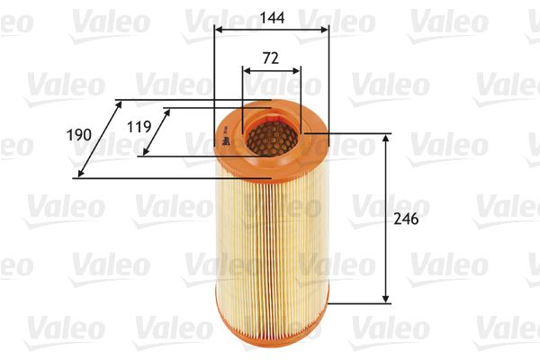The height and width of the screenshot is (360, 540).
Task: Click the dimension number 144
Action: (x=271, y=15)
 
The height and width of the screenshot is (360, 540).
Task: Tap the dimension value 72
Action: (x=271, y=58)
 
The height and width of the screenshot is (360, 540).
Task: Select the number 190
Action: (x=80, y=134)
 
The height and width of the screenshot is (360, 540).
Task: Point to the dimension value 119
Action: (x=139, y=127)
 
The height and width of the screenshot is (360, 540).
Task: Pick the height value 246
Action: (x=407, y=218)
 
